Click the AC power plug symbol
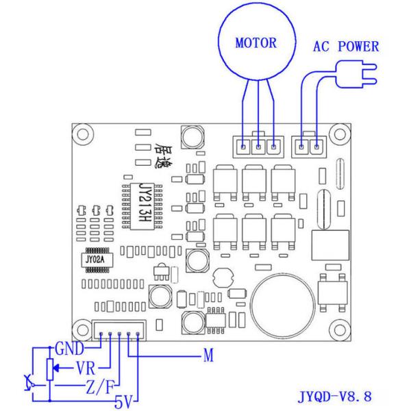click(x=359, y=73)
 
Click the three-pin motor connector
click(x=258, y=146)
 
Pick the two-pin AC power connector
click(x=308, y=146)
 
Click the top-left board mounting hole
click(x=84, y=138)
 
